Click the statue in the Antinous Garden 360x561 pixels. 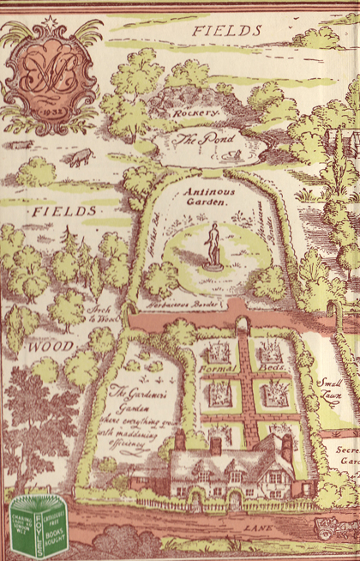[x=212, y=245]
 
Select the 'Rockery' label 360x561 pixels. [x=195, y=112]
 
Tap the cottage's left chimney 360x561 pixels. [x=180, y=438]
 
